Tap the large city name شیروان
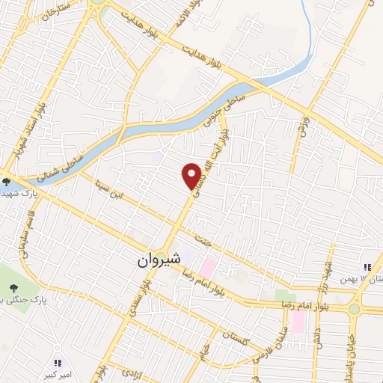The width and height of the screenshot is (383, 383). pos(159,262)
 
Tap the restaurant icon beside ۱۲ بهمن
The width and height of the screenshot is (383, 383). pos(367,267)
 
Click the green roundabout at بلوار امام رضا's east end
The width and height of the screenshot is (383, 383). pos(355,308)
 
